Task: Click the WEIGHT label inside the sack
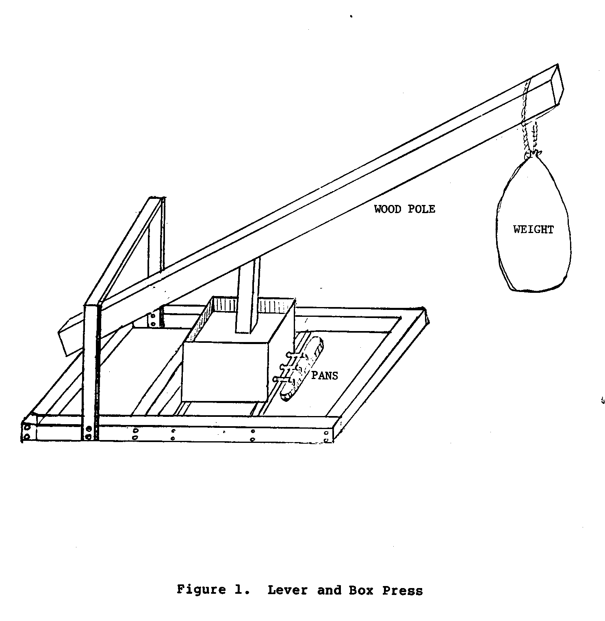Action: click(x=533, y=230)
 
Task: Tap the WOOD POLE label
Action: click(x=404, y=209)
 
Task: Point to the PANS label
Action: click(x=324, y=375)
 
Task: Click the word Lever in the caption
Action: click(x=287, y=590)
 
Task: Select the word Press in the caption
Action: click(x=402, y=590)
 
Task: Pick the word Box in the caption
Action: click(x=361, y=590)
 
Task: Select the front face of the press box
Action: click(x=224, y=372)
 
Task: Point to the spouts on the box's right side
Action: click(x=284, y=368)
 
